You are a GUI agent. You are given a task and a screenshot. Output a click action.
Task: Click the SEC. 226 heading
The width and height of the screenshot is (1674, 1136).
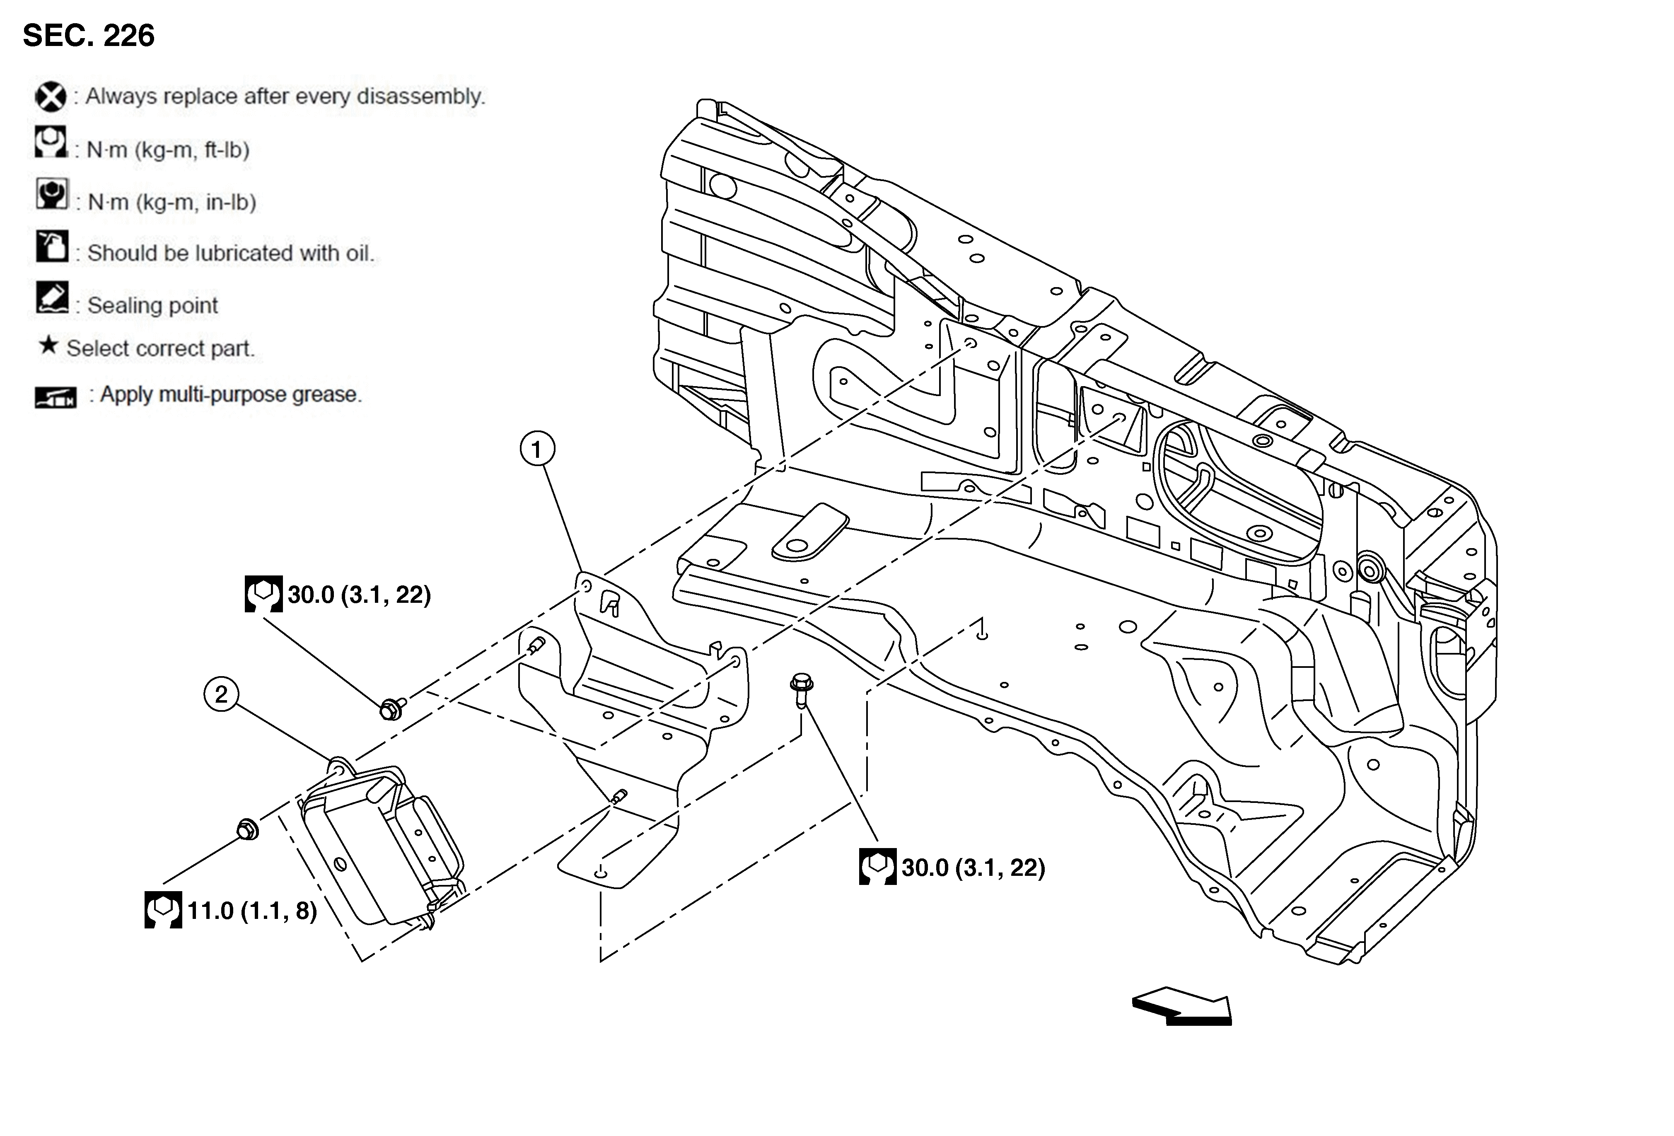(x=89, y=35)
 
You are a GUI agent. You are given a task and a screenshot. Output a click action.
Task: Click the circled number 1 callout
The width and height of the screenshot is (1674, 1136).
(x=536, y=450)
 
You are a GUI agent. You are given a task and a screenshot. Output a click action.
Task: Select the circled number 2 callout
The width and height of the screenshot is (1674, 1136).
(x=221, y=694)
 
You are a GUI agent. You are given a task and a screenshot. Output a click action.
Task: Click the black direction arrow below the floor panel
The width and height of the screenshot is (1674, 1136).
(x=1181, y=1005)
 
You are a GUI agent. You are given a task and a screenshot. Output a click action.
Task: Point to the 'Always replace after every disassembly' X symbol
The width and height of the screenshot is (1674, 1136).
(x=51, y=97)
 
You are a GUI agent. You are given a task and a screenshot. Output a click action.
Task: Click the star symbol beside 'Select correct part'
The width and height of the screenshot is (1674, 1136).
(x=48, y=346)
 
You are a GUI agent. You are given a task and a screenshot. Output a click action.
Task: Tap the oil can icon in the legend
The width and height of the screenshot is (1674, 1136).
(x=52, y=247)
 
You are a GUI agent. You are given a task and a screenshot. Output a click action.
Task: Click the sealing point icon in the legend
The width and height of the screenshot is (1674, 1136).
(x=52, y=297)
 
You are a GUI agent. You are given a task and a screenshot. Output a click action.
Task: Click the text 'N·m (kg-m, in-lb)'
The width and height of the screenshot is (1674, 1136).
(x=172, y=203)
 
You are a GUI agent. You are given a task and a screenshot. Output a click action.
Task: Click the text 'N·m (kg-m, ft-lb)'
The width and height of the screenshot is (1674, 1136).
(x=168, y=150)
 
